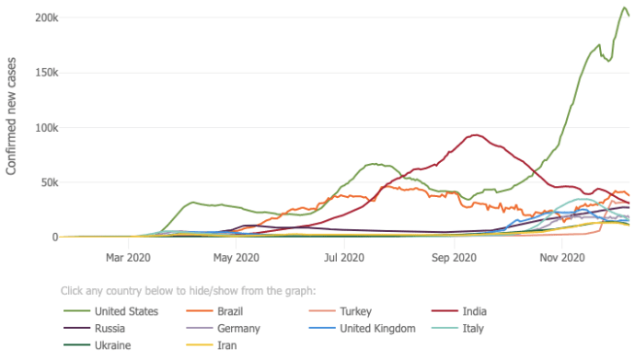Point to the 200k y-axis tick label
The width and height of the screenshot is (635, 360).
click(47, 17)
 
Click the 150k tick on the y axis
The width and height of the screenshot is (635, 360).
click(47, 73)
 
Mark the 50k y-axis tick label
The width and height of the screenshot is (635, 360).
click(50, 182)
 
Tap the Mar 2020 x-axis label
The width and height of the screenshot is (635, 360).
click(128, 258)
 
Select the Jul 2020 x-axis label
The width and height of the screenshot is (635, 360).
click(344, 258)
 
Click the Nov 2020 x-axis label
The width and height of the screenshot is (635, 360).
click(562, 258)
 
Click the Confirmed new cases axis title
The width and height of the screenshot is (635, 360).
click(11, 116)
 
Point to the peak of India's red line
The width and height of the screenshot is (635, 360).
click(476, 135)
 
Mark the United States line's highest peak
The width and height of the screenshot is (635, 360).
click(624, 7)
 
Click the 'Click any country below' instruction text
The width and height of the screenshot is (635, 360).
click(189, 291)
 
